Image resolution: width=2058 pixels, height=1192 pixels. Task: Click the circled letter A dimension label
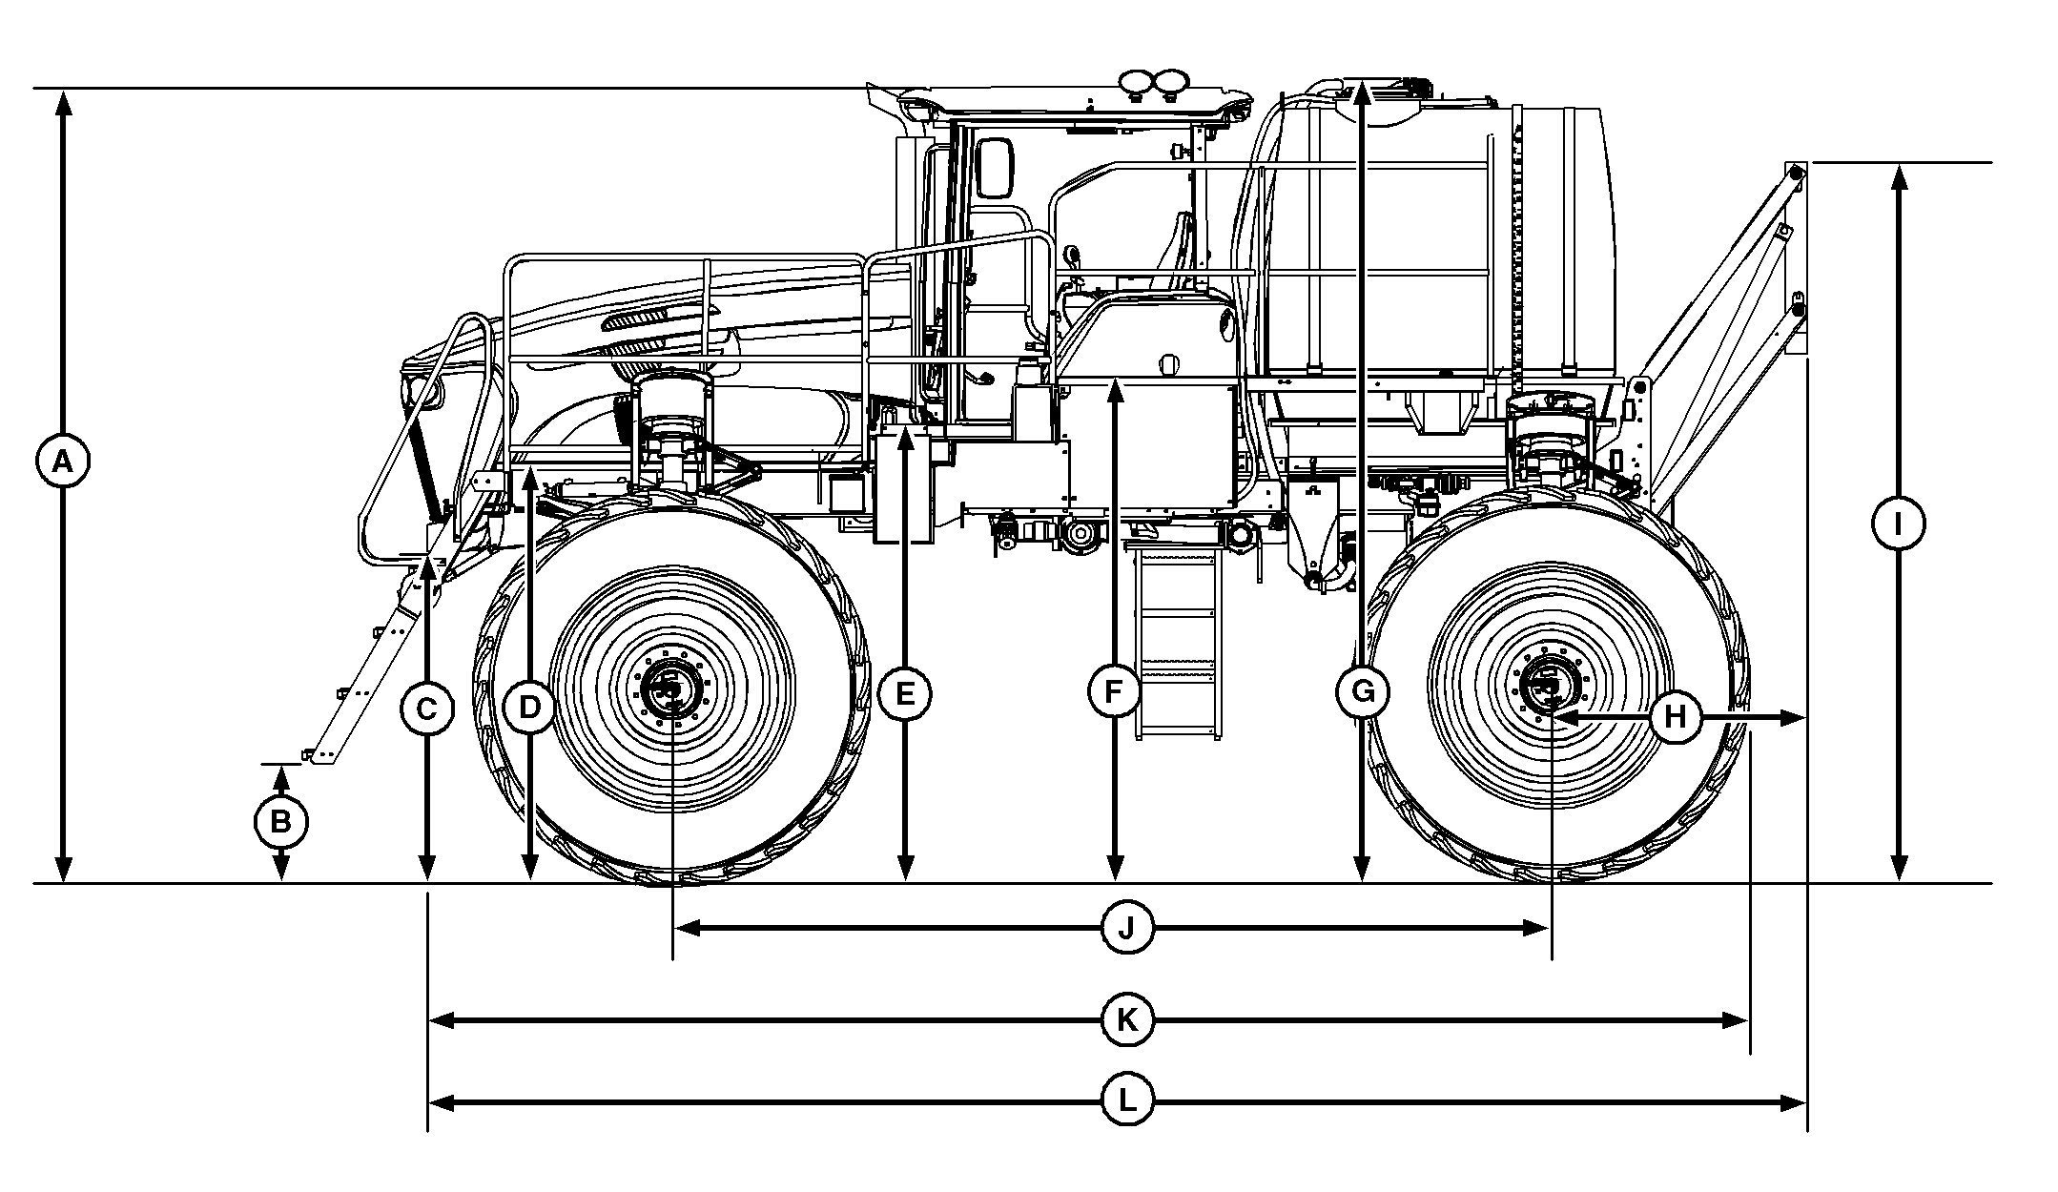pos(62,462)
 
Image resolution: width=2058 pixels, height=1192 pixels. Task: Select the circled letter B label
pos(280,821)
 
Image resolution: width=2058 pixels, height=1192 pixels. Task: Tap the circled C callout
pos(427,709)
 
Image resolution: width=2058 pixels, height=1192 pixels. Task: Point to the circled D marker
pos(529,708)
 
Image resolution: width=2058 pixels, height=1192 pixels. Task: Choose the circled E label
pos(905,694)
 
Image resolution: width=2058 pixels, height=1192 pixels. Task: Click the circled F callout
pos(1114,692)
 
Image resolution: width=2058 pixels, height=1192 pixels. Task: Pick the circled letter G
pos(1362,693)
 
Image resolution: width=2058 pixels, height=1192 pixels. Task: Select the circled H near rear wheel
pos(1677,717)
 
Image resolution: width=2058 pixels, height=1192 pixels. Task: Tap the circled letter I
pos(1898,524)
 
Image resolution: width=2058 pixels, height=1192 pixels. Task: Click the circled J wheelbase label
pos(1127,928)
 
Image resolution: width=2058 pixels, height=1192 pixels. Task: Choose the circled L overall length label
pos(1127,1103)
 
